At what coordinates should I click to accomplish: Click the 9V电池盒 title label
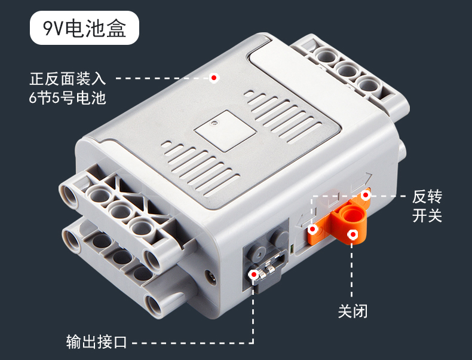coord(84,28)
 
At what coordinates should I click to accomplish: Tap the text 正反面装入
coord(68,78)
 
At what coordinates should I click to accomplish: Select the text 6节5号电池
coord(68,98)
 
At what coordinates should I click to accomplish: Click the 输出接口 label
coord(96,341)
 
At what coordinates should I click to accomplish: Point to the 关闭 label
coord(353,311)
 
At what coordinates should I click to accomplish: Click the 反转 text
coord(427,197)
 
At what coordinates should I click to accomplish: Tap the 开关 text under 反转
coord(427,216)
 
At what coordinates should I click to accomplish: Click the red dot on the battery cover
coord(214,78)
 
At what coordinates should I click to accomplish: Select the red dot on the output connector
coord(254,274)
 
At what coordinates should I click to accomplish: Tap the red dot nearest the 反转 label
coord(366,195)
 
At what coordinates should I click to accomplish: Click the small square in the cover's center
coord(225,131)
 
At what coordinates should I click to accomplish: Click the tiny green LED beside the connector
coord(292,249)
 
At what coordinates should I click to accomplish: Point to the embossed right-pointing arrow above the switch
coord(361,181)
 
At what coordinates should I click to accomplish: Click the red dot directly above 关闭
coord(353,234)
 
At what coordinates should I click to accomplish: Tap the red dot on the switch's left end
coord(312,229)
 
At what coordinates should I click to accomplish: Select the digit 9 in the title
coord(48,28)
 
